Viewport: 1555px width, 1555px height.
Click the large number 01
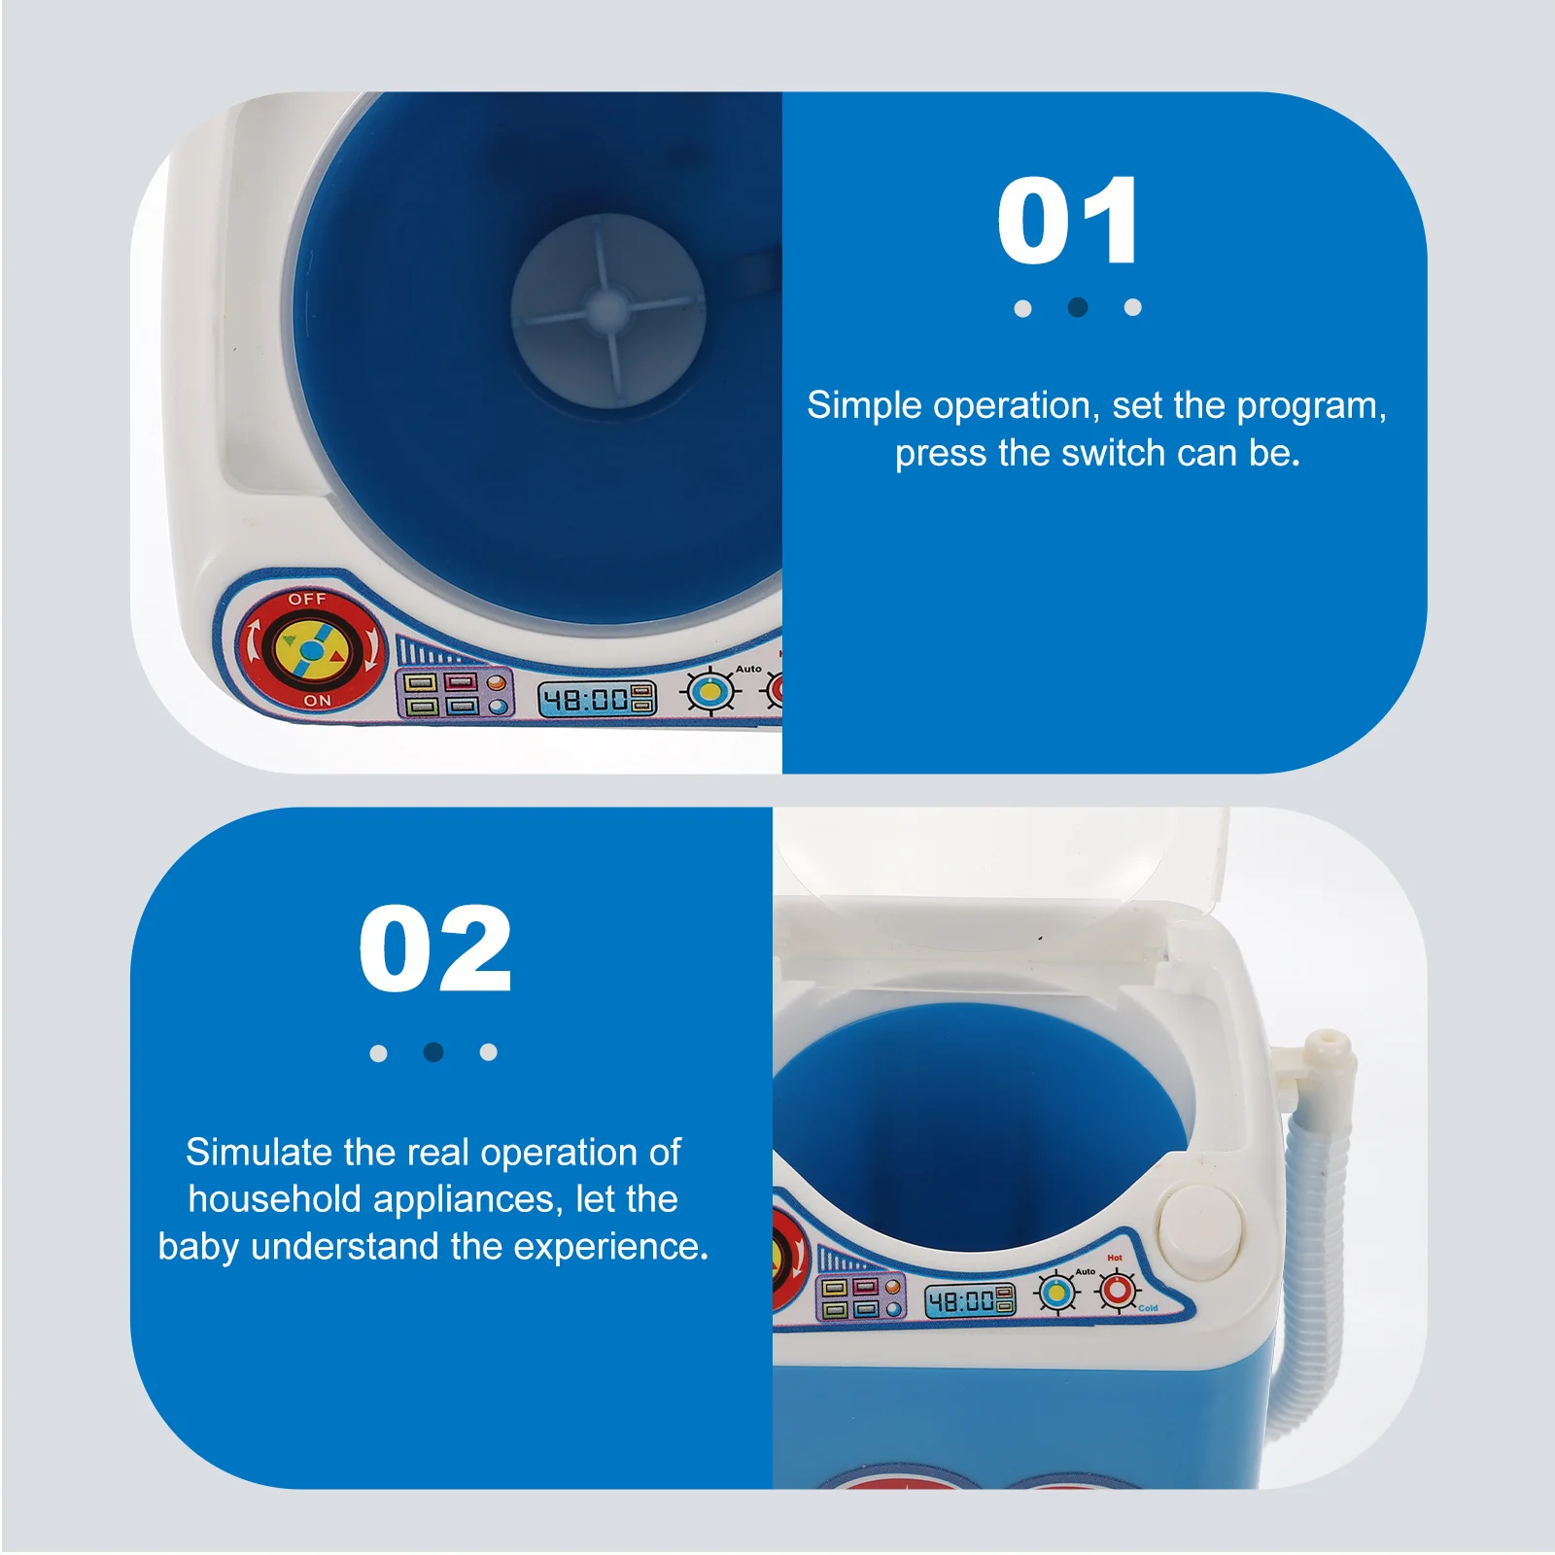click(1067, 222)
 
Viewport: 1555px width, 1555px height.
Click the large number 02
click(434, 949)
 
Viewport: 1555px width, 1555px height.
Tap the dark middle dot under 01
click(1077, 307)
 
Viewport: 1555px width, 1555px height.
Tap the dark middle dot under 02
click(433, 1052)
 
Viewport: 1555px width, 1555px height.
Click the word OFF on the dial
click(306, 599)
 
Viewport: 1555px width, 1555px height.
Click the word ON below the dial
click(317, 700)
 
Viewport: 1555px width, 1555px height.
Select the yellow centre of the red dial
click(309, 648)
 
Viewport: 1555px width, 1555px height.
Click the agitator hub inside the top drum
click(608, 310)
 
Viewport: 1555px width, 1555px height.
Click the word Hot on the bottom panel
click(1114, 1258)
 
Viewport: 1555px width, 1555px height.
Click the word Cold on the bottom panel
click(1148, 1308)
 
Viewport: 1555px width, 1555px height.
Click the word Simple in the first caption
click(863, 405)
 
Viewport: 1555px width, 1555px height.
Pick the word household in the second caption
click(274, 1199)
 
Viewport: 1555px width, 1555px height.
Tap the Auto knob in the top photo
click(711, 691)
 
